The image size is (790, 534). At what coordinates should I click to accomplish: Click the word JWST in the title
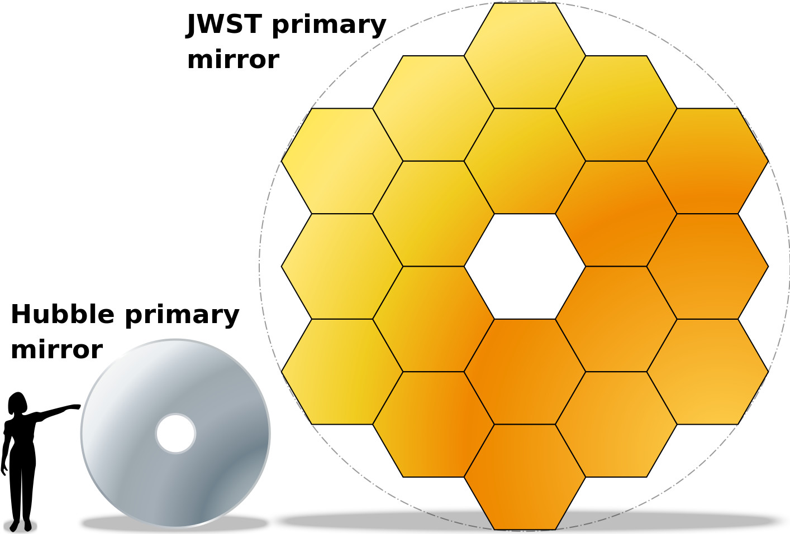(x=224, y=25)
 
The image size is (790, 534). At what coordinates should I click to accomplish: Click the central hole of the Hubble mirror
(x=175, y=434)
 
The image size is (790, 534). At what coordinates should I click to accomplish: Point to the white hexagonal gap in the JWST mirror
(x=525, y=266)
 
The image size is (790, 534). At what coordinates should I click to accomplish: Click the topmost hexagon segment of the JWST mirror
(x=525, y=55)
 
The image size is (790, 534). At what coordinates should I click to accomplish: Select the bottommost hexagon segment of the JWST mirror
(x=525, y=477)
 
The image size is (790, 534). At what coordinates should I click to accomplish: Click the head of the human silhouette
(x=18, y=403)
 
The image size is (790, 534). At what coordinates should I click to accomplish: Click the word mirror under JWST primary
(x=234, y=60)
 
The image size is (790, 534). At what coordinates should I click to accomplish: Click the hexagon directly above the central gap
(x=525, y=161)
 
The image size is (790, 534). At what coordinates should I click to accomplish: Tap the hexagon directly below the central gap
(x=525, y=372)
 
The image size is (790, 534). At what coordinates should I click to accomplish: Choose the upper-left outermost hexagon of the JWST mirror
(x=342, y=161)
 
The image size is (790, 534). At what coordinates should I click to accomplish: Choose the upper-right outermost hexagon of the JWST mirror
(x=707, y=161)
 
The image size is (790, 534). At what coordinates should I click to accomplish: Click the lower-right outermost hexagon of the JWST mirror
(x=707, y=372)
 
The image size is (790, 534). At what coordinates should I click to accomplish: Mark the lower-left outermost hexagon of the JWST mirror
(x=342, y=372)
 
